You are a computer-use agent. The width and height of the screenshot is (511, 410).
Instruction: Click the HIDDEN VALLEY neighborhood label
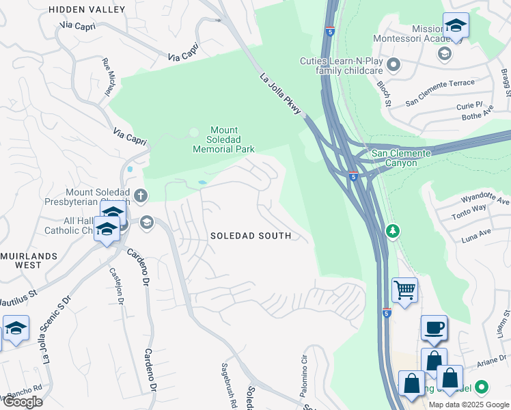pos(87,10)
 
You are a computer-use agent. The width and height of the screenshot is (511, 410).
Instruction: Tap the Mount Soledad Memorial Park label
pos(223,139)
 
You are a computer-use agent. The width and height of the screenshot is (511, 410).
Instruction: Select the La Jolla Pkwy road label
pos(281,94)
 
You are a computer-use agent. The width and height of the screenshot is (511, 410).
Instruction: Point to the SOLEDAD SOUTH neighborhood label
pos(251,236)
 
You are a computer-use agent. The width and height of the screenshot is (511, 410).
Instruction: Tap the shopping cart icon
pos(405,290)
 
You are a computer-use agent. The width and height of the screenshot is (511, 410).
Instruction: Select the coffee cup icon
pos(434,327)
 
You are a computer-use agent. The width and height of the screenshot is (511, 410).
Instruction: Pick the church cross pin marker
pos(141,196)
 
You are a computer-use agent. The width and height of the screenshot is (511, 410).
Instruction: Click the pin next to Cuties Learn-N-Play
pos(393,65)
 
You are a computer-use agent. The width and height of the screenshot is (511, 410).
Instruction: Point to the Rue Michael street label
pos(107,77)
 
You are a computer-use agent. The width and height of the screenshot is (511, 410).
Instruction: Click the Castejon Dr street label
pos(115,287)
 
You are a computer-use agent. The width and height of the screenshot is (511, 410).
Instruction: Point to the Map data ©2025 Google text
pos(469,405)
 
